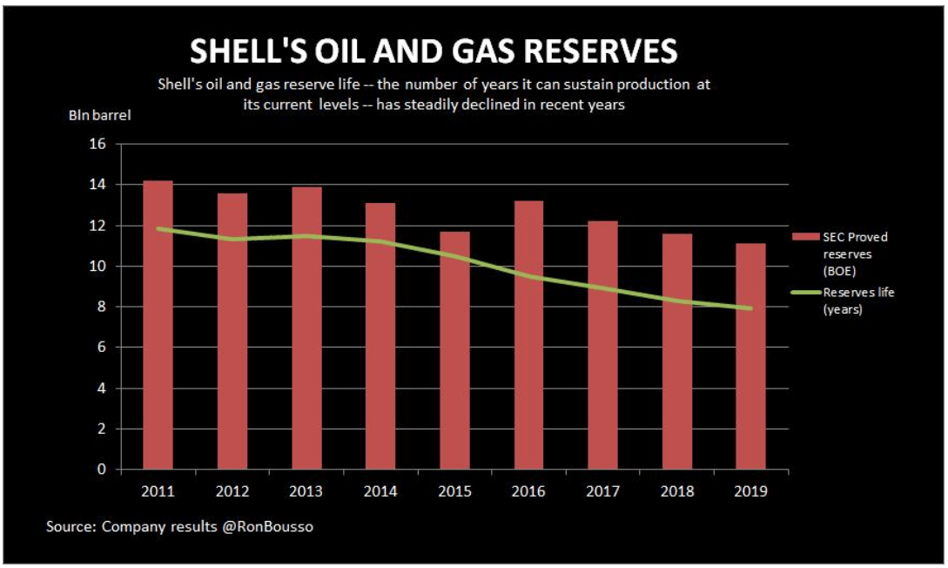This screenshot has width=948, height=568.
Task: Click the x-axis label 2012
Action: coord(232,491)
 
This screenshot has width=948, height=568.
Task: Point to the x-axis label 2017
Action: coord(602,491)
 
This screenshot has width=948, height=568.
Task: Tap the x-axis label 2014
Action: coord(380,491)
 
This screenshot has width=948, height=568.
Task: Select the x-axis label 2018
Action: coord(676,491)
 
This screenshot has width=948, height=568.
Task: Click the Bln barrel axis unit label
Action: coord(100,115)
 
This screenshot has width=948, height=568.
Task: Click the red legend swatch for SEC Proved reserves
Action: coord(805,237)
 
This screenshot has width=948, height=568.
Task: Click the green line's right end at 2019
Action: coord(750,308)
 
